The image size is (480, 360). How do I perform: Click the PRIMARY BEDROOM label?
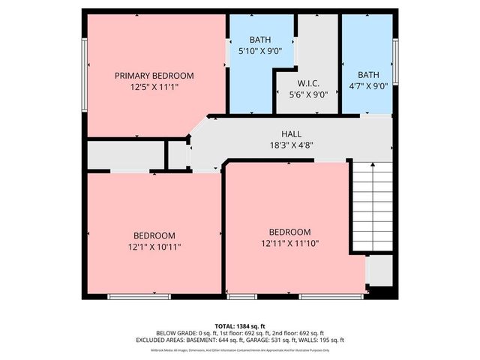coord(154,76)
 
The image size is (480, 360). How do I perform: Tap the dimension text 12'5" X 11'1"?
coord(154,87)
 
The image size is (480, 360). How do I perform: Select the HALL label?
coord(292,132)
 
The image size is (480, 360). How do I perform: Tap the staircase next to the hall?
coord(372,205)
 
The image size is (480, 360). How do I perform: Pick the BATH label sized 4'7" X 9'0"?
coord(368,75)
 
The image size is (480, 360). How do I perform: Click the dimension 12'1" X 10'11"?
coord(154,246)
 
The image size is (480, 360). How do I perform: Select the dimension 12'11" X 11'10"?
coord(289,243)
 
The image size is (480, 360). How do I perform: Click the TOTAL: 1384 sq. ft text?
coord(240,325)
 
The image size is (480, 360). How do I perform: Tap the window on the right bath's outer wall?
coord(395,63)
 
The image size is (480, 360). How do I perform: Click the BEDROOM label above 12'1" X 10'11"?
coord(154,235)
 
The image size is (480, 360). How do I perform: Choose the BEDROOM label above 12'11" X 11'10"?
coord(289,232)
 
